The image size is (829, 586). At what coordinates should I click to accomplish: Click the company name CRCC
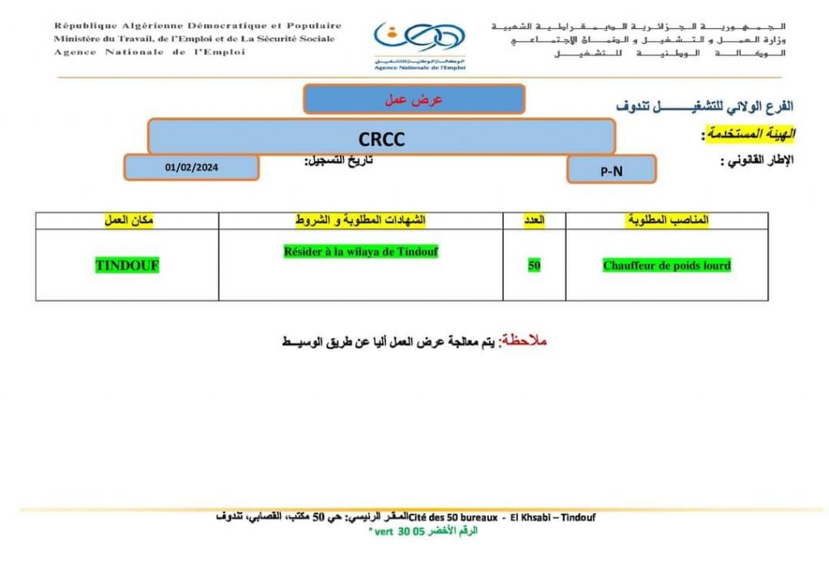click(x=380, y=138)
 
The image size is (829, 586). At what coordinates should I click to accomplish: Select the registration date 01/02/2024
click(x=191, y=168)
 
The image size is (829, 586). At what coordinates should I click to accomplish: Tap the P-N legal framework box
click(x=611, y=170)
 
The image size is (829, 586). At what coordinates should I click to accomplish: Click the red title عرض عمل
click(x=414, y=100)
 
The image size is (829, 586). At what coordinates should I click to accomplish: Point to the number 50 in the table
click(x=534, y=265)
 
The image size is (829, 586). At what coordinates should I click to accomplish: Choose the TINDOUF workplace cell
click(x=127, y=265)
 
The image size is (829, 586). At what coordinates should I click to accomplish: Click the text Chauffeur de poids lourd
click(x=666, y=265)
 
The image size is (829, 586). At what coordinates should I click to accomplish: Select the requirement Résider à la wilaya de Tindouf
click(x=361, y=252)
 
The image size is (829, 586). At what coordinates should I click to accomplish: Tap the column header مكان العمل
click(x=128, y=220)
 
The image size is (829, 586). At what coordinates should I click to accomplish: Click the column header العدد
click(x=535, y=220)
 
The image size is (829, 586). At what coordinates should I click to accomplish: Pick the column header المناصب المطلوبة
click(x=668, y=220)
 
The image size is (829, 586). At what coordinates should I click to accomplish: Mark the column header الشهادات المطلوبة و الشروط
click(x=360, y=220)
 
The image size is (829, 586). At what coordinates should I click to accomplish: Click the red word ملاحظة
click(x=525, y=341)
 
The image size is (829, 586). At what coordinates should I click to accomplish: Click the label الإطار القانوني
click(x=757, y=160)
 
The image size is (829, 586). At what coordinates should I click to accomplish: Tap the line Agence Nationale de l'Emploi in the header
click(x=150, y=52)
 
